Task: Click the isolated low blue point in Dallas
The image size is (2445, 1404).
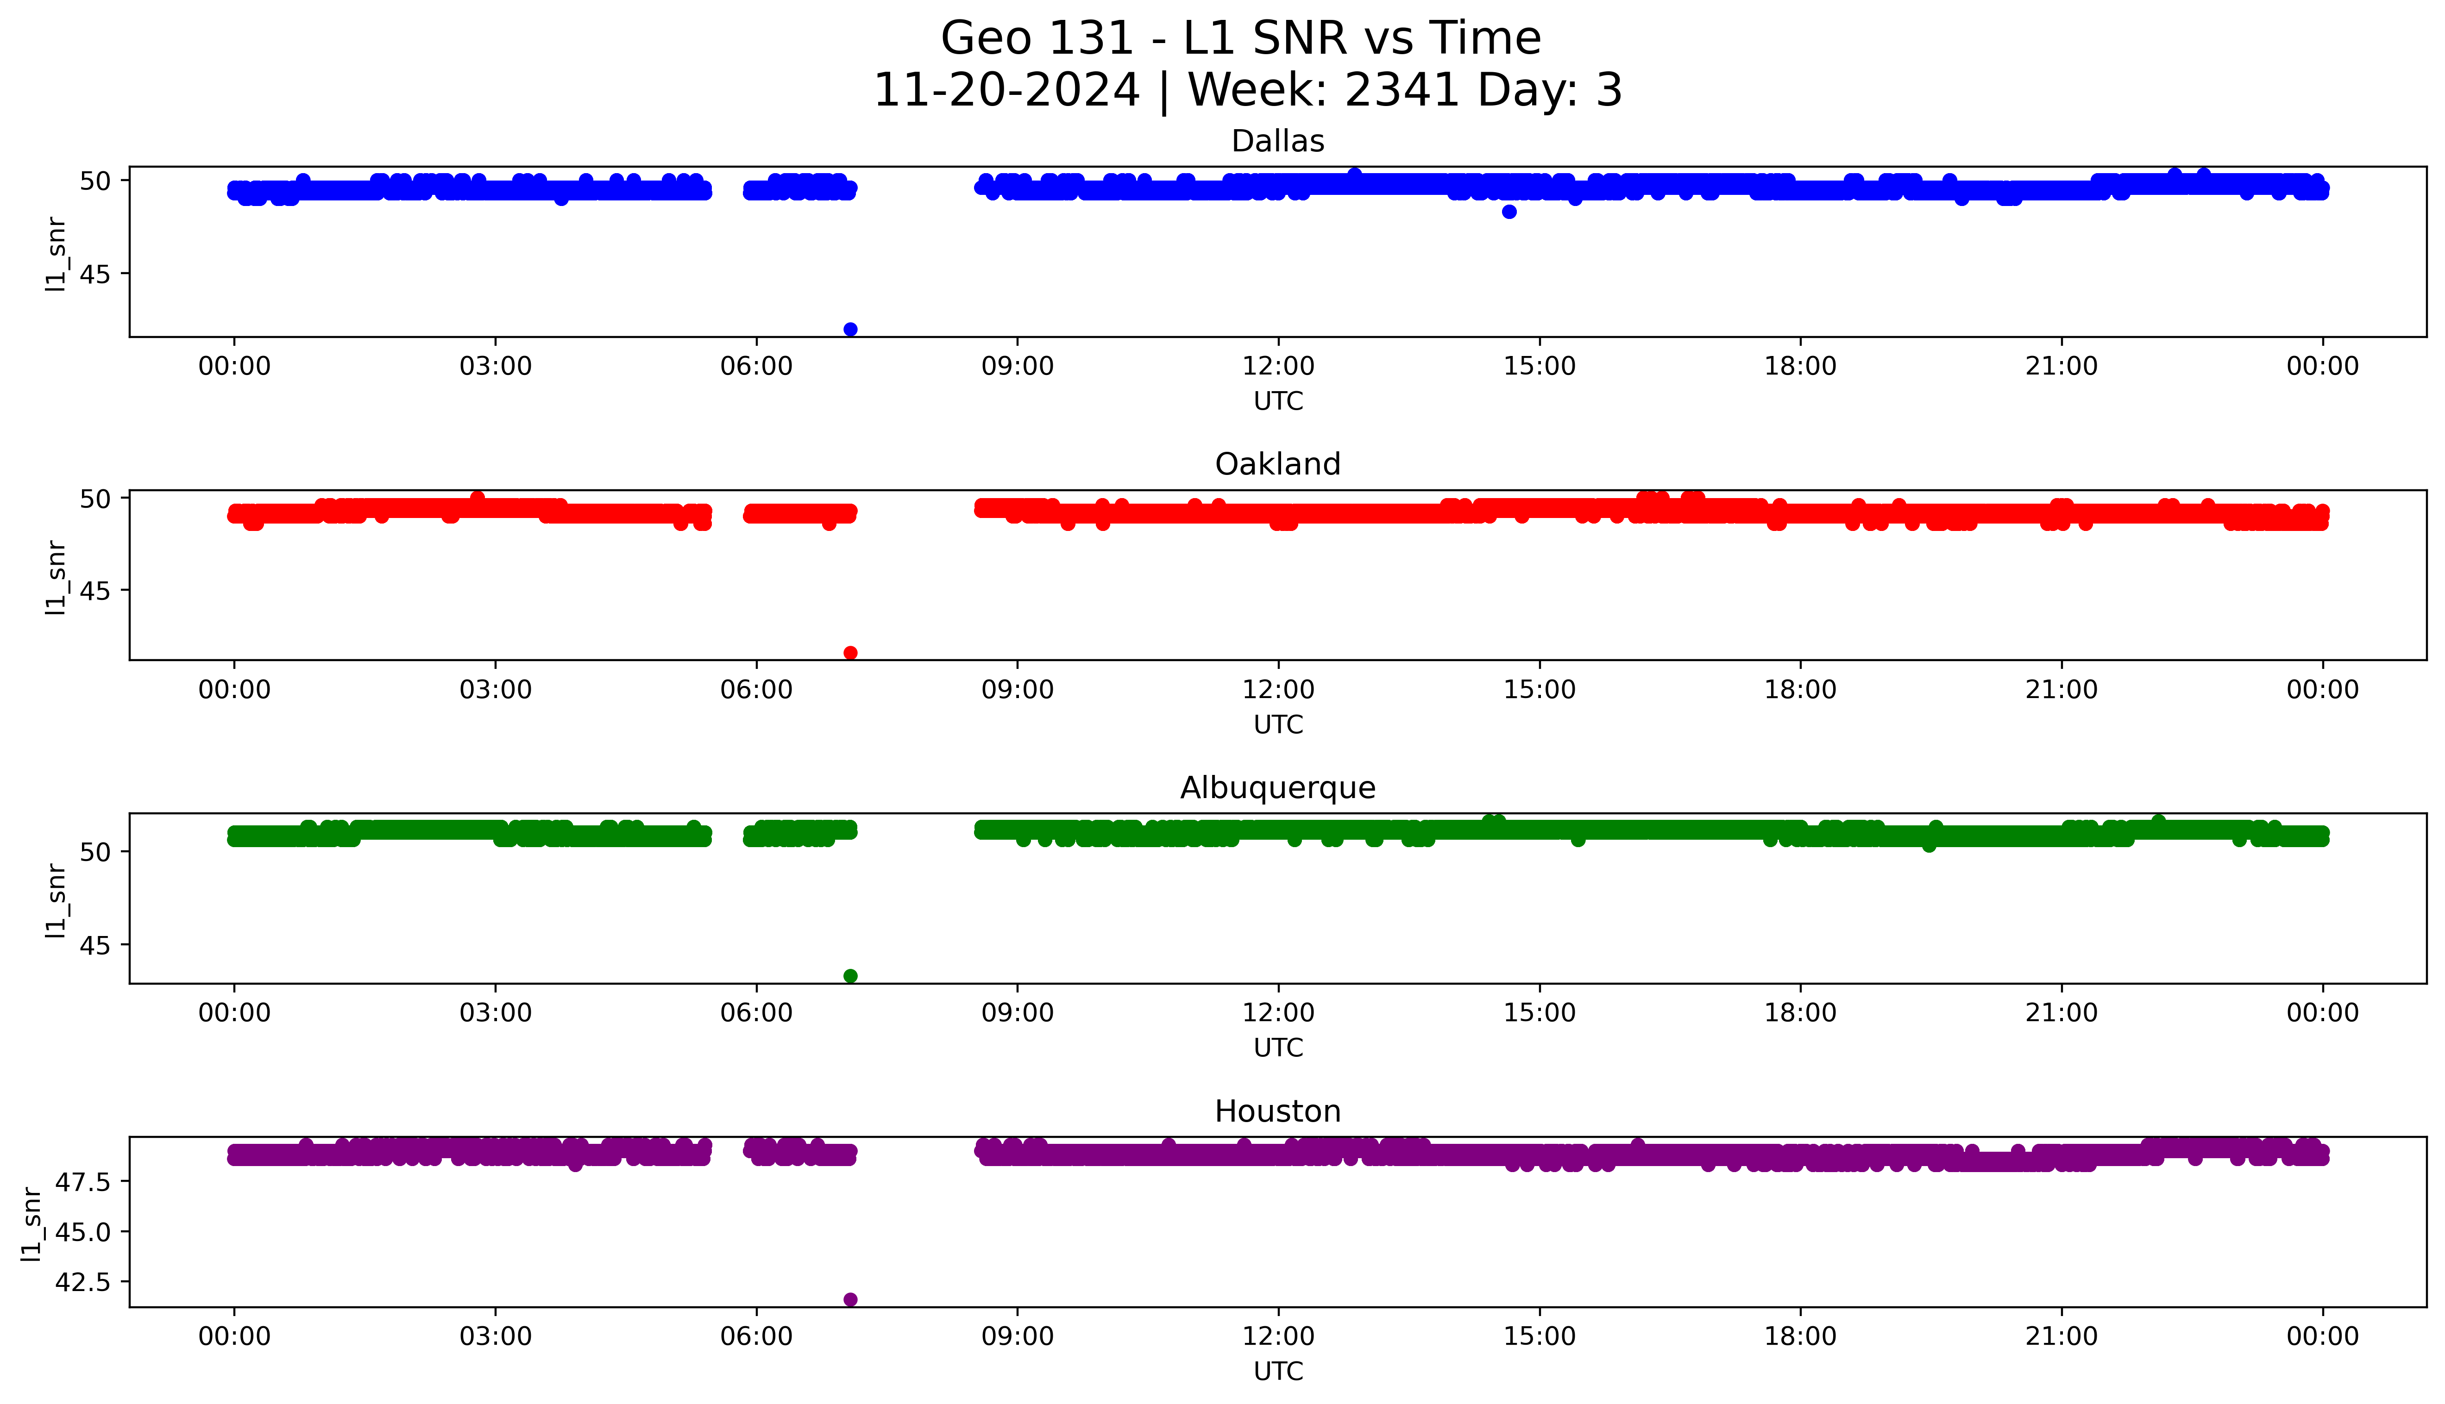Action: point(850,329)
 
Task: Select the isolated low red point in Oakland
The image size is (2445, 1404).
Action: point(850,653)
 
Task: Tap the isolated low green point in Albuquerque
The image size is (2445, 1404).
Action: point(850,976)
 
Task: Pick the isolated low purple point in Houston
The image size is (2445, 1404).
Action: point(850,1299)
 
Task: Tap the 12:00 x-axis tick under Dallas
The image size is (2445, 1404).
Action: point(1278,367)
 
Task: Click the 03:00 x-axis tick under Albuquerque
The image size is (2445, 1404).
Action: point(495,1012)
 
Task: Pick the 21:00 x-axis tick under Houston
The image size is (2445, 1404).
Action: point(2061,1336)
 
